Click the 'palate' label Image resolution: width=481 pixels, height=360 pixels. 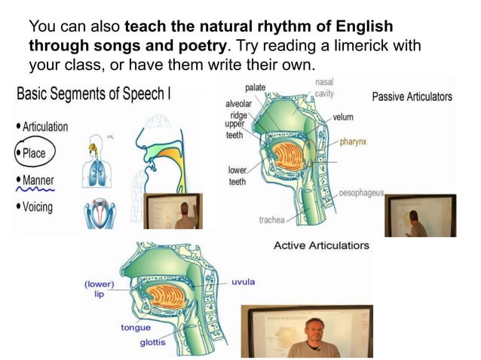point(256,88)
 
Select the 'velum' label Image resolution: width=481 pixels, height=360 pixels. point(342,117)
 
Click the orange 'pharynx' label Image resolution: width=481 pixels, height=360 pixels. point(353,141)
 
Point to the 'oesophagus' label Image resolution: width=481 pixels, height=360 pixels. point(362,192)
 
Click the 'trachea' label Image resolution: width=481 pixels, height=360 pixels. point(271,220)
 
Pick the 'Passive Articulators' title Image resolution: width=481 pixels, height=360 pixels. point(412,96)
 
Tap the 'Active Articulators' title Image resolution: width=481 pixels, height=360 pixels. point(321,246)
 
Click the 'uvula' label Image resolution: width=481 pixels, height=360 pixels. point(244,282)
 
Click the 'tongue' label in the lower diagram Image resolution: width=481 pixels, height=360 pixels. point(136,328)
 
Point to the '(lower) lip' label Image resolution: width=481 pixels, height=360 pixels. point(99,289)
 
